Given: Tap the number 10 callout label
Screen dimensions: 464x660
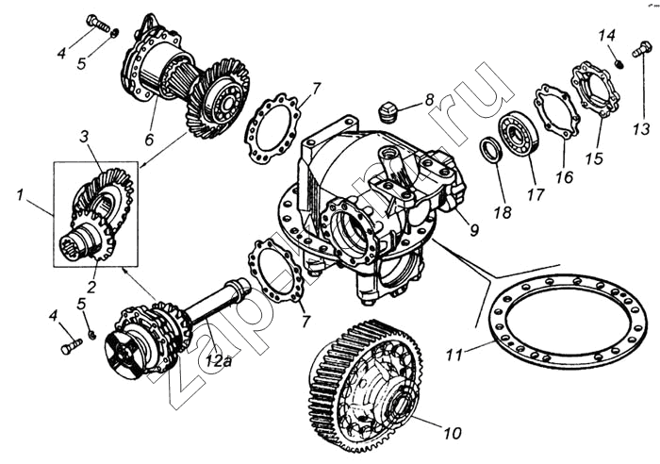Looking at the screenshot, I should click(x=453, y=434).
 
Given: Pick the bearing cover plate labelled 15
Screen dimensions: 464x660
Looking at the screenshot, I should click(x=595, y=89).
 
